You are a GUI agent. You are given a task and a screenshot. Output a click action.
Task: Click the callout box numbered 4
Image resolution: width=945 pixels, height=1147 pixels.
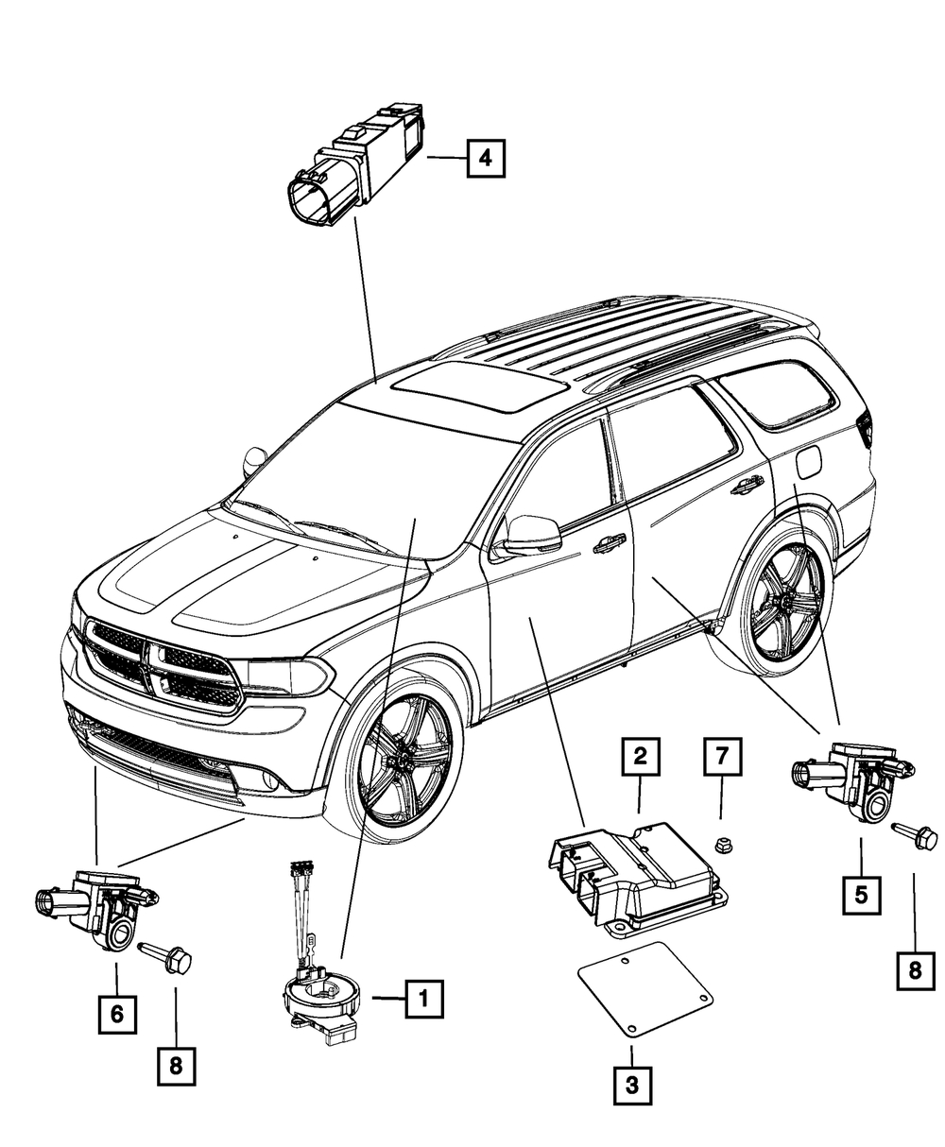485,158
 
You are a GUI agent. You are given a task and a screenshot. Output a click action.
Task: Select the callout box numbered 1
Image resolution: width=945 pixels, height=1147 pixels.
424,999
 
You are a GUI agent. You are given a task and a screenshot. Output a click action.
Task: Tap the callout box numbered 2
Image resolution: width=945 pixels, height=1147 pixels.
640,757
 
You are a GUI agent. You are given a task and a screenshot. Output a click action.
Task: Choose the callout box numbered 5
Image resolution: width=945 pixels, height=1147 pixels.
861,896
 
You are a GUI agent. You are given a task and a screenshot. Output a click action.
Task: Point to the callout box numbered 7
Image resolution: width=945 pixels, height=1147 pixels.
723,757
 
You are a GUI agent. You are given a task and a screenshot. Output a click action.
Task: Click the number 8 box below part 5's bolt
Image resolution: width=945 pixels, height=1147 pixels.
916,971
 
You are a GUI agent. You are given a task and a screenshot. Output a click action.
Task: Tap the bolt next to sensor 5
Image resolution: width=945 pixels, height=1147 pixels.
914,836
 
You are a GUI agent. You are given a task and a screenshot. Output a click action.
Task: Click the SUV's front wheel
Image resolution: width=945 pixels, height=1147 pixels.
404,760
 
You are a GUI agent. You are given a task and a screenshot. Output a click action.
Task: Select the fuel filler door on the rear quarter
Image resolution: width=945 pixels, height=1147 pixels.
808,462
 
